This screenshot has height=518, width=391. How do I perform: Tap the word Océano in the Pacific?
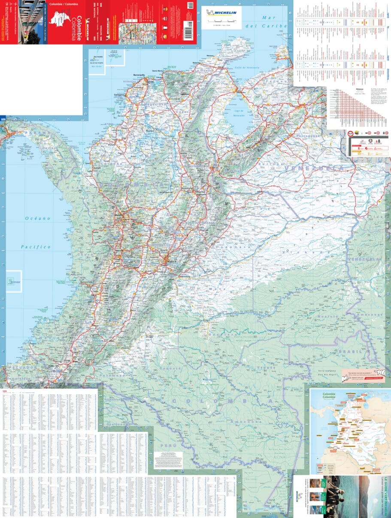pyautogui.click(x=37, y=219)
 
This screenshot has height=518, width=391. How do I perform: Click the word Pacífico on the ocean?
pyautogui.click(x=36, y=247)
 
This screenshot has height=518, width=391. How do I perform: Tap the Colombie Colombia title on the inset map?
pyautogui.click(x=329, y=395)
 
